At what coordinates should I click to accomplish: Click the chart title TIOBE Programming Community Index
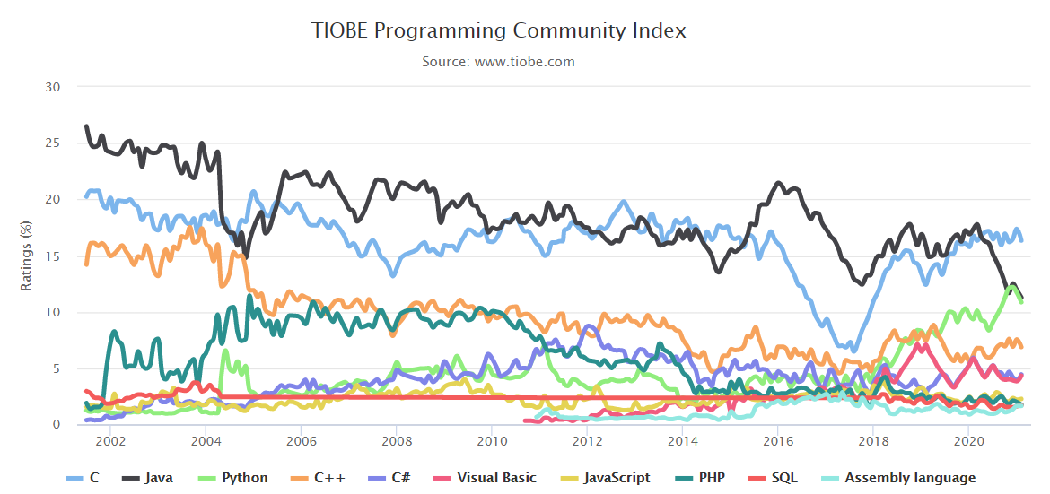point(499,30)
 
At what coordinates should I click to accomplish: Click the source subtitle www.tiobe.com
point(499,62)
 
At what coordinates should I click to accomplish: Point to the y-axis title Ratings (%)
point(26,256)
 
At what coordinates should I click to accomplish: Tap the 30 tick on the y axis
point(53,87)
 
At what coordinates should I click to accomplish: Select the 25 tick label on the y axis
point(53,143)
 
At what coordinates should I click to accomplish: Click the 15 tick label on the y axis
point(53,256)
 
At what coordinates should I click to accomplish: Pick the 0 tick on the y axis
point(57,425)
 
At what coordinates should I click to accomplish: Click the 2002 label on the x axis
point(109,442)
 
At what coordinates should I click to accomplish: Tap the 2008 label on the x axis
point(396,442)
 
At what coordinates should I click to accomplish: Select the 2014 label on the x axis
point(683,442)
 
